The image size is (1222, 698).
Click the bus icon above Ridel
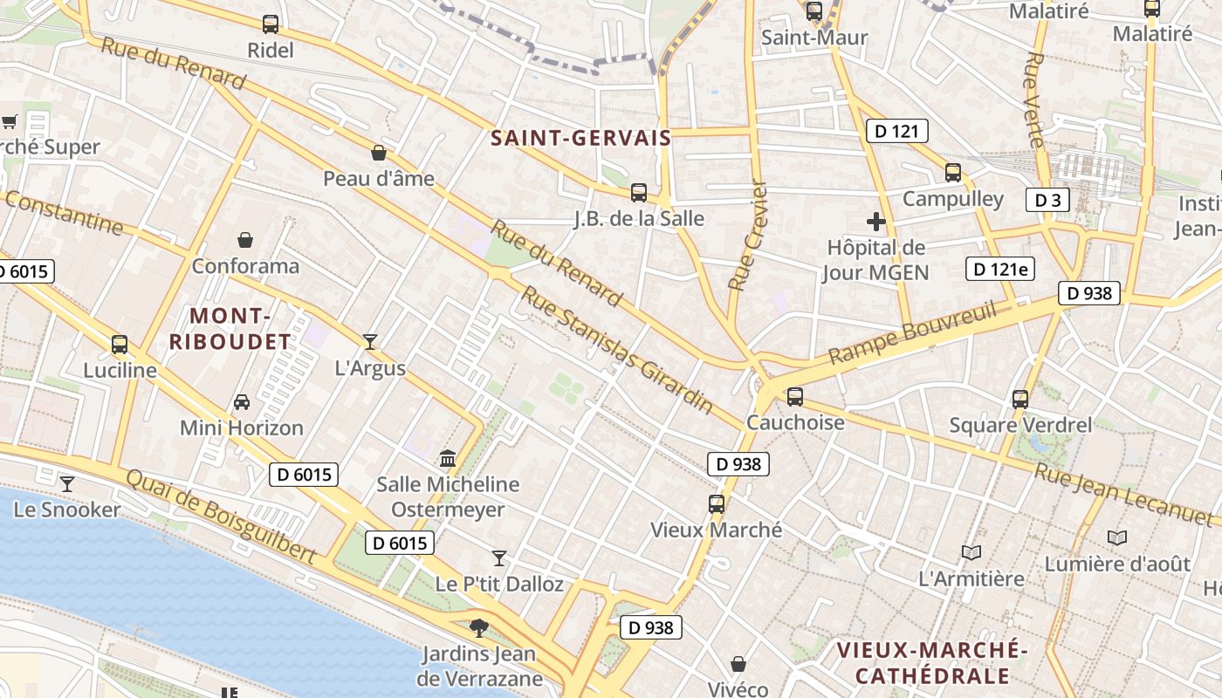click(x=271, y=24)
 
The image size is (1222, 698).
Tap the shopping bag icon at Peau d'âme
click(x=379, y=153)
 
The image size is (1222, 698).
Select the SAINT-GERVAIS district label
click(x=580, y=138)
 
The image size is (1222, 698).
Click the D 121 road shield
click(x=896, y=132)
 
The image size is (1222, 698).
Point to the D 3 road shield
click(x=1047, y=200)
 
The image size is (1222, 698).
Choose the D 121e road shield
click(x=1000, y=269)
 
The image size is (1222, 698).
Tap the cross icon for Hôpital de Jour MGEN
click(x=876, y=222)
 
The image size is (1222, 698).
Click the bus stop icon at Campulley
click(x=953, y=173)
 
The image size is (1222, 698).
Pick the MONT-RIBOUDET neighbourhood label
click(x=229, y=328)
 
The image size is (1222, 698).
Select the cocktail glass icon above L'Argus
click(x=370, y=342)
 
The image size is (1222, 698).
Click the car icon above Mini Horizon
click(x=242, y=402)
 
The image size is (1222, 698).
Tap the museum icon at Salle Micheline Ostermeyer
click(x=448, y=458)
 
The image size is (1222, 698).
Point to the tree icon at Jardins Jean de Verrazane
click(x=478, y=627)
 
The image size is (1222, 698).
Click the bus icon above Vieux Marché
click(x=717, y=504)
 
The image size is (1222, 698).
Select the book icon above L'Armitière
click(x=971, y=552)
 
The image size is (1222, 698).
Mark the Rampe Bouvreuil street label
click(x=912, y=332)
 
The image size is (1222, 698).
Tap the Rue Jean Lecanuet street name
click(x=1125, y=496)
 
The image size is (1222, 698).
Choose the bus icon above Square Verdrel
click(x=1020, y=400)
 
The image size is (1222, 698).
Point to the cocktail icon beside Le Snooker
click(x=67, y=483)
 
